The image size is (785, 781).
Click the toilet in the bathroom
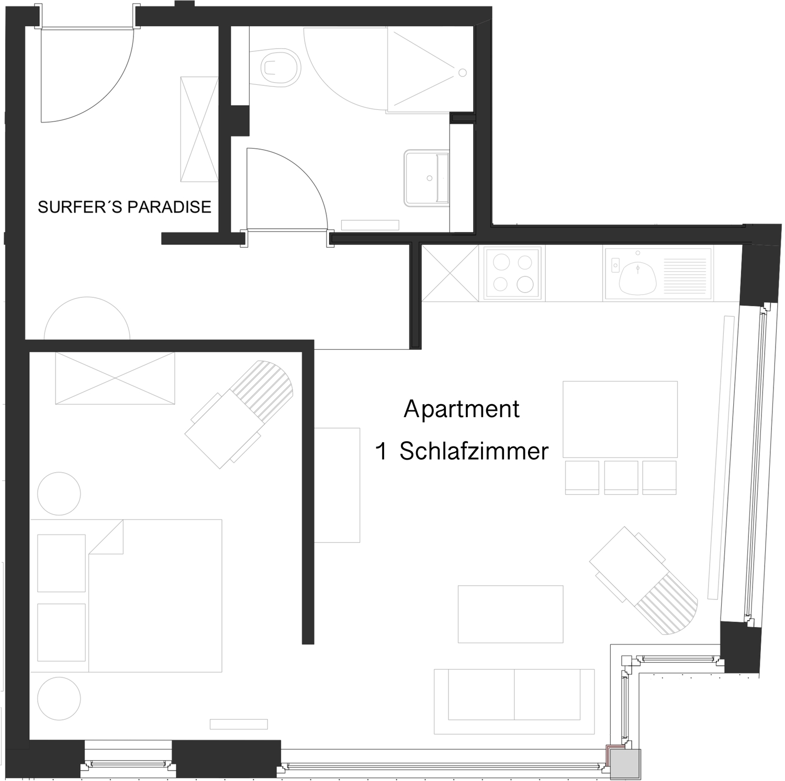coord(280,66)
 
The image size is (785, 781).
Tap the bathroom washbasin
coord(427,178)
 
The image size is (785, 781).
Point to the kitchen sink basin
coord(637,276)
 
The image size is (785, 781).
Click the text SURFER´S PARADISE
coord(125,207)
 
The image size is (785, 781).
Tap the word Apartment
coord(462,409)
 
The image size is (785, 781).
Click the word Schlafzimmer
coord(474,451)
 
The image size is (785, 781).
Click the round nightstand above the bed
coord(59,494)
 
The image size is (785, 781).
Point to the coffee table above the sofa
coord(510,614)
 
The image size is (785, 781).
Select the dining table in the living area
coord(620,419)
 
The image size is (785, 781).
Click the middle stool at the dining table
coord(621,476)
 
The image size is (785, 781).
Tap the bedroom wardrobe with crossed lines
coord(115,378)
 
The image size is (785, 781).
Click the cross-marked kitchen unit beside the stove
coord(450,273)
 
